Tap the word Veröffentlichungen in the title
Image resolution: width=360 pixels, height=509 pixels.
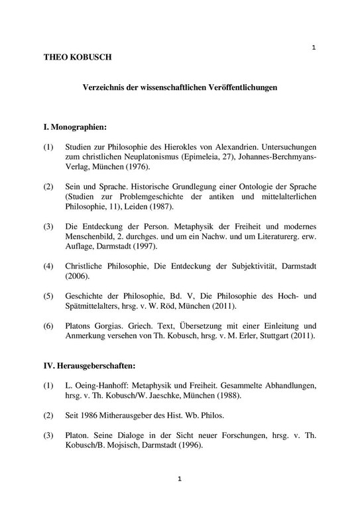coord(239,87)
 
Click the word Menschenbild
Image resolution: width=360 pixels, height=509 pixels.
coord(90,237)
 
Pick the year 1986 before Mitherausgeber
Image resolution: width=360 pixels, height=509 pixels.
coord(91,416)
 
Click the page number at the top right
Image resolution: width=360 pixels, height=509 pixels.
coord(313,47)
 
